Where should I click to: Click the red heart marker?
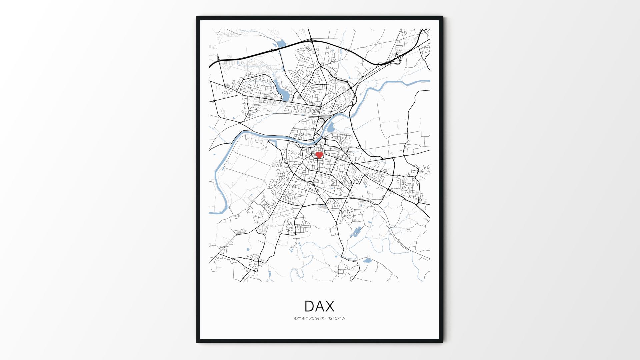[x=319, y=155]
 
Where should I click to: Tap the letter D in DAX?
[x=309, y=306]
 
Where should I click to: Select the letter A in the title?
[x=319, y=306]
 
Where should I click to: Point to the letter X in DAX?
[x=330, y=306]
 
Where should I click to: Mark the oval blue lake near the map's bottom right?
[x=367, y=260]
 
